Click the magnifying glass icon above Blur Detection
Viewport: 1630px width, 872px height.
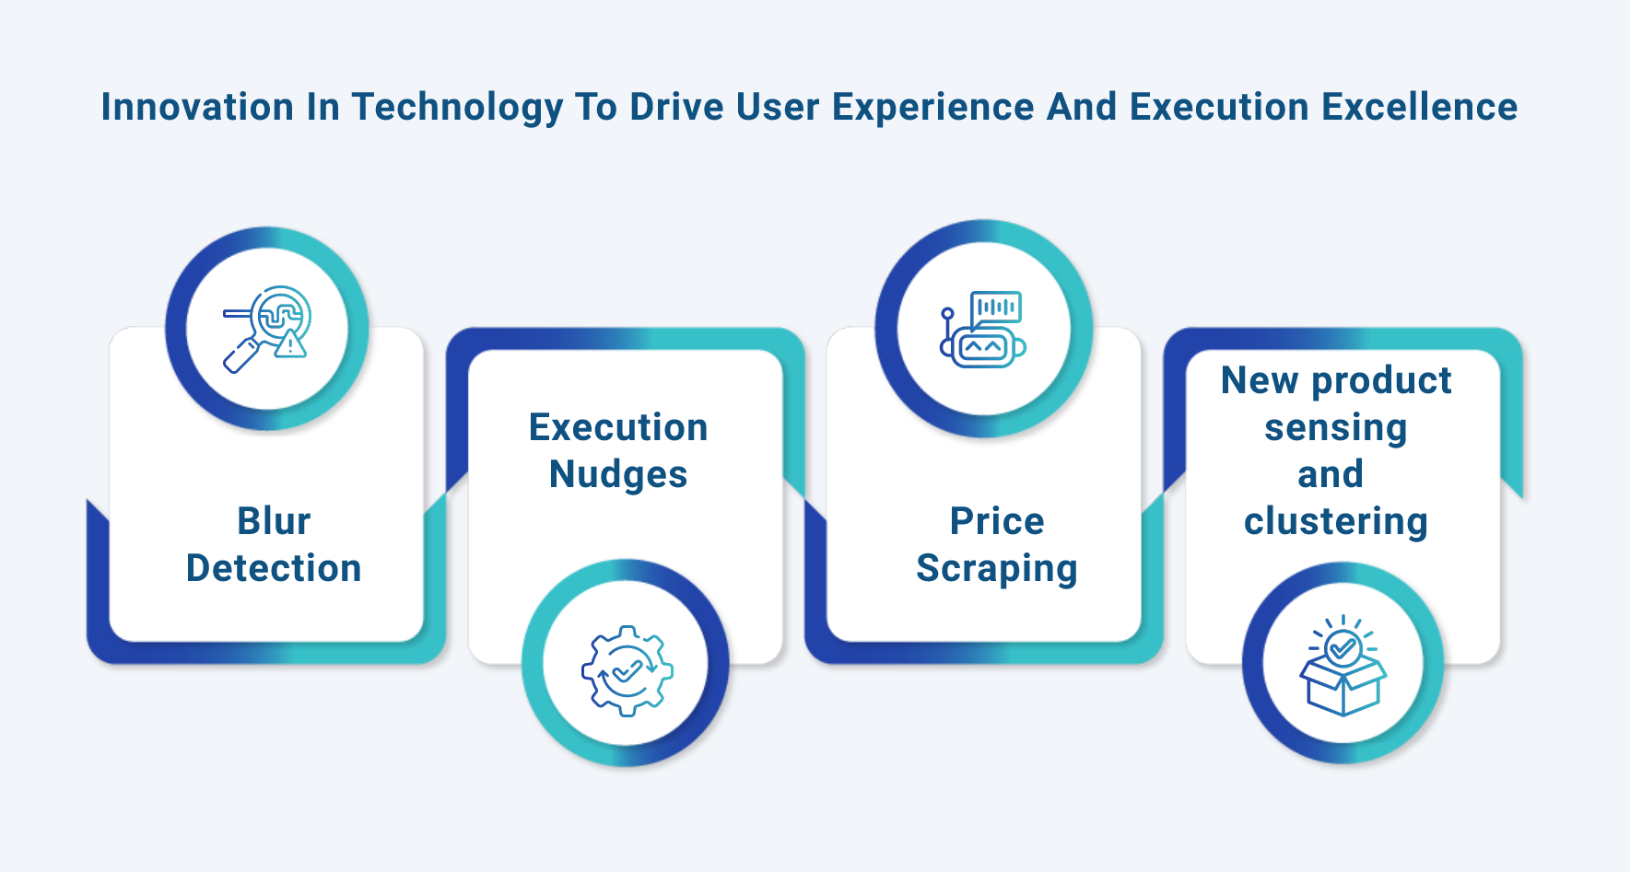click(x=267, y=329)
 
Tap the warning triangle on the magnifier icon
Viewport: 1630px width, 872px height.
click(x=291, y=344)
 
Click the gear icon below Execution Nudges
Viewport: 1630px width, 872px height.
click(x=627, y=670)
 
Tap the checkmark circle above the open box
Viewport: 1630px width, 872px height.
click(x=1343, y=648)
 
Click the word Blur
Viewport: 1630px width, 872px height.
click(x=274, y=521)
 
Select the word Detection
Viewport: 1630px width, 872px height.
click(x=274, y=568)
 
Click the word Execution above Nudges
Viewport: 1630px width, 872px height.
click(x=618, y=427)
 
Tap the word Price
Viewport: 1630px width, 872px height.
click(x=997, y=521)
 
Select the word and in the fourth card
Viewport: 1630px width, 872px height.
click(x=1331, y=474)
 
